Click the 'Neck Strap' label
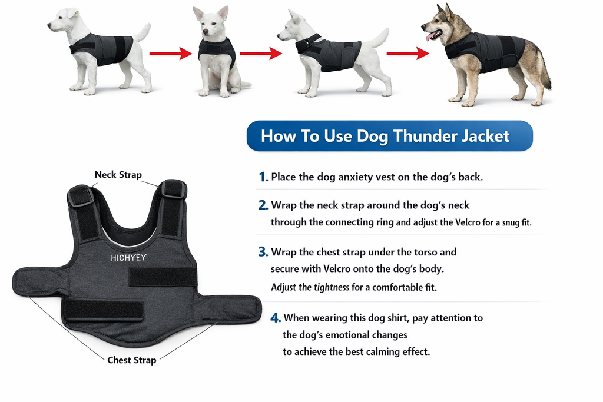coord(118,175)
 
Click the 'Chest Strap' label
coord(131,360)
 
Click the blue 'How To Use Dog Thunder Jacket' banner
coord(389,136)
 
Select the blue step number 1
coord(263,177)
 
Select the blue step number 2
coord(263,205)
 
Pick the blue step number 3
coord(263,252)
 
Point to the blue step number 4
coord(275,318)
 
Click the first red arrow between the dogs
coord(171,54)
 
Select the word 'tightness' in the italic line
coord(332,288)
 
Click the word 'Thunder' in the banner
coord(422,136)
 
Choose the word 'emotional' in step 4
coord(352,335)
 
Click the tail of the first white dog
coord(143,32)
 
